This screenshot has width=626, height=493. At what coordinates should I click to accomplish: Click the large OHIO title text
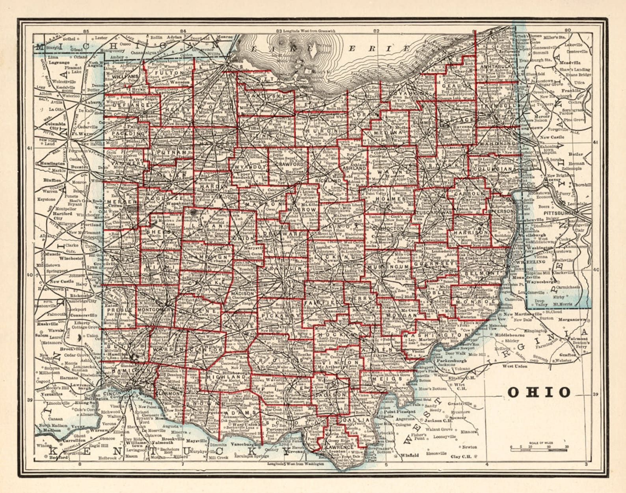[x=539, y=392]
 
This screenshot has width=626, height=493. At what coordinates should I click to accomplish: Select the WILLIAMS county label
[x=125, y=76]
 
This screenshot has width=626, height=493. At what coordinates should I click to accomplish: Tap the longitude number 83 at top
[x=279, y=31]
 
